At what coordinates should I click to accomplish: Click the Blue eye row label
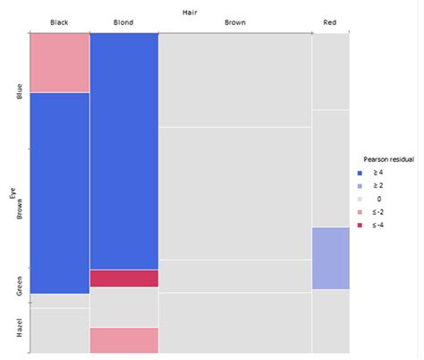tap(20, 91)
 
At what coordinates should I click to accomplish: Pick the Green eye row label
tap(20, 285)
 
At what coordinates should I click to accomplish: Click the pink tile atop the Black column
tap(59, 62)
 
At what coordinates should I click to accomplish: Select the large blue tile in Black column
tap(59, 193)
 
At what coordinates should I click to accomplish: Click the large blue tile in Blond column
tap(124, 150)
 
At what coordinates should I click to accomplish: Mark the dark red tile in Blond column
tap(124, 279)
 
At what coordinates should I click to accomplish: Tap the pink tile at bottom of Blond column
tap(124, 340)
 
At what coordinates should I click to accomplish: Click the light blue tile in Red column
tap(331, 258)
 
